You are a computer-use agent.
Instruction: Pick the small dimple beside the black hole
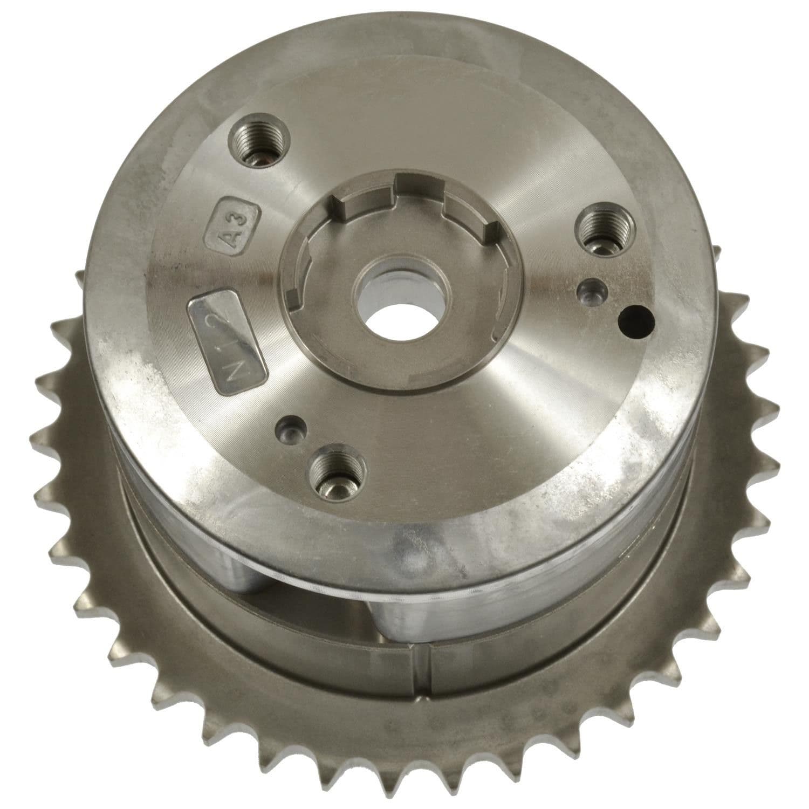(x=590, y=292)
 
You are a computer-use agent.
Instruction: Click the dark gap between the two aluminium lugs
(x=345, y=604)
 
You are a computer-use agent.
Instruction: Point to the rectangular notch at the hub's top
(x=418, y=186)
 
